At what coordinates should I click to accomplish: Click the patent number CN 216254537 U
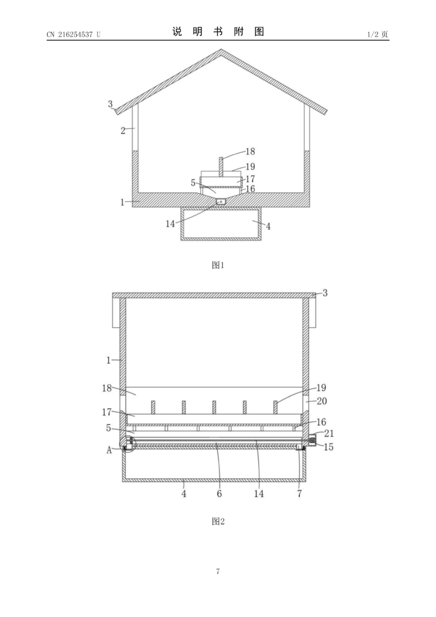(73, 34)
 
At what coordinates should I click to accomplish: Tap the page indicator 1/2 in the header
(373, 34)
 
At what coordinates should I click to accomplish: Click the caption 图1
(218, 265)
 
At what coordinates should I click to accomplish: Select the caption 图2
(218, 521)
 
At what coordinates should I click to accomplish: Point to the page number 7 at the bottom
(218, 571)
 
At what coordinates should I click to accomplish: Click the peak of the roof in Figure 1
(222, 49)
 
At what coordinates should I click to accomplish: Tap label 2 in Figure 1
(123, 131)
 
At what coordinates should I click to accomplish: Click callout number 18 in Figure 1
(250, 151)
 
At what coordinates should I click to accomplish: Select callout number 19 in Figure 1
(250, 166)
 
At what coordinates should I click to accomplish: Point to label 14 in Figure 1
(170, 224)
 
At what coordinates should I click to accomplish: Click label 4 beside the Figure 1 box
(268, 227)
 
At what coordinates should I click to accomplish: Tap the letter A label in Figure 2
(109, 450)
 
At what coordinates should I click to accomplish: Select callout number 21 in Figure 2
(329, 434)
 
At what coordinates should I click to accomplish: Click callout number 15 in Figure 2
(329, 447)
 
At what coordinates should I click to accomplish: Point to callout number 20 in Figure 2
(322, 401)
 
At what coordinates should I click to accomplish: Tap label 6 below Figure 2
(219, 493)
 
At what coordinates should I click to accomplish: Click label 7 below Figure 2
(299, 493)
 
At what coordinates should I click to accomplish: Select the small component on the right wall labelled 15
(313, 439)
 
